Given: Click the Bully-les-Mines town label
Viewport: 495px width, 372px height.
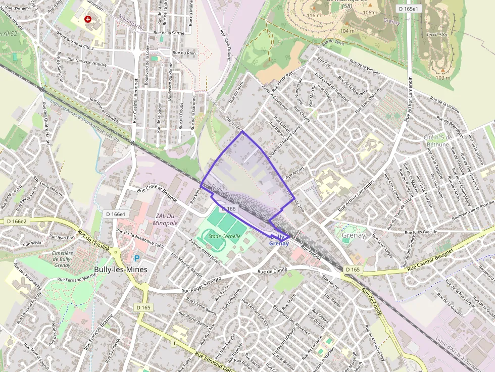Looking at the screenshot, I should point(121,270).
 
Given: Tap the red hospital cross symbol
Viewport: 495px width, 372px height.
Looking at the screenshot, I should point(88,19).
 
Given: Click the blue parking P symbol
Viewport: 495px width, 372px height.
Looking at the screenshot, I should point(136,258).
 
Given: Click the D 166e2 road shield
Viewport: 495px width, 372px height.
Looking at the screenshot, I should point(16,221).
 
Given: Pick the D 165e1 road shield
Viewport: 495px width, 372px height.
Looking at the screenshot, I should point(408,9).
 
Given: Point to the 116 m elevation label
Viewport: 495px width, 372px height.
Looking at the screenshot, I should point(314,16).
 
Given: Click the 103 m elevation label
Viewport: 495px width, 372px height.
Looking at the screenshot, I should point(442,78).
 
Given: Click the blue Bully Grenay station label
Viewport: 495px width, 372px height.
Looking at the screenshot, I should point(279,240).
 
